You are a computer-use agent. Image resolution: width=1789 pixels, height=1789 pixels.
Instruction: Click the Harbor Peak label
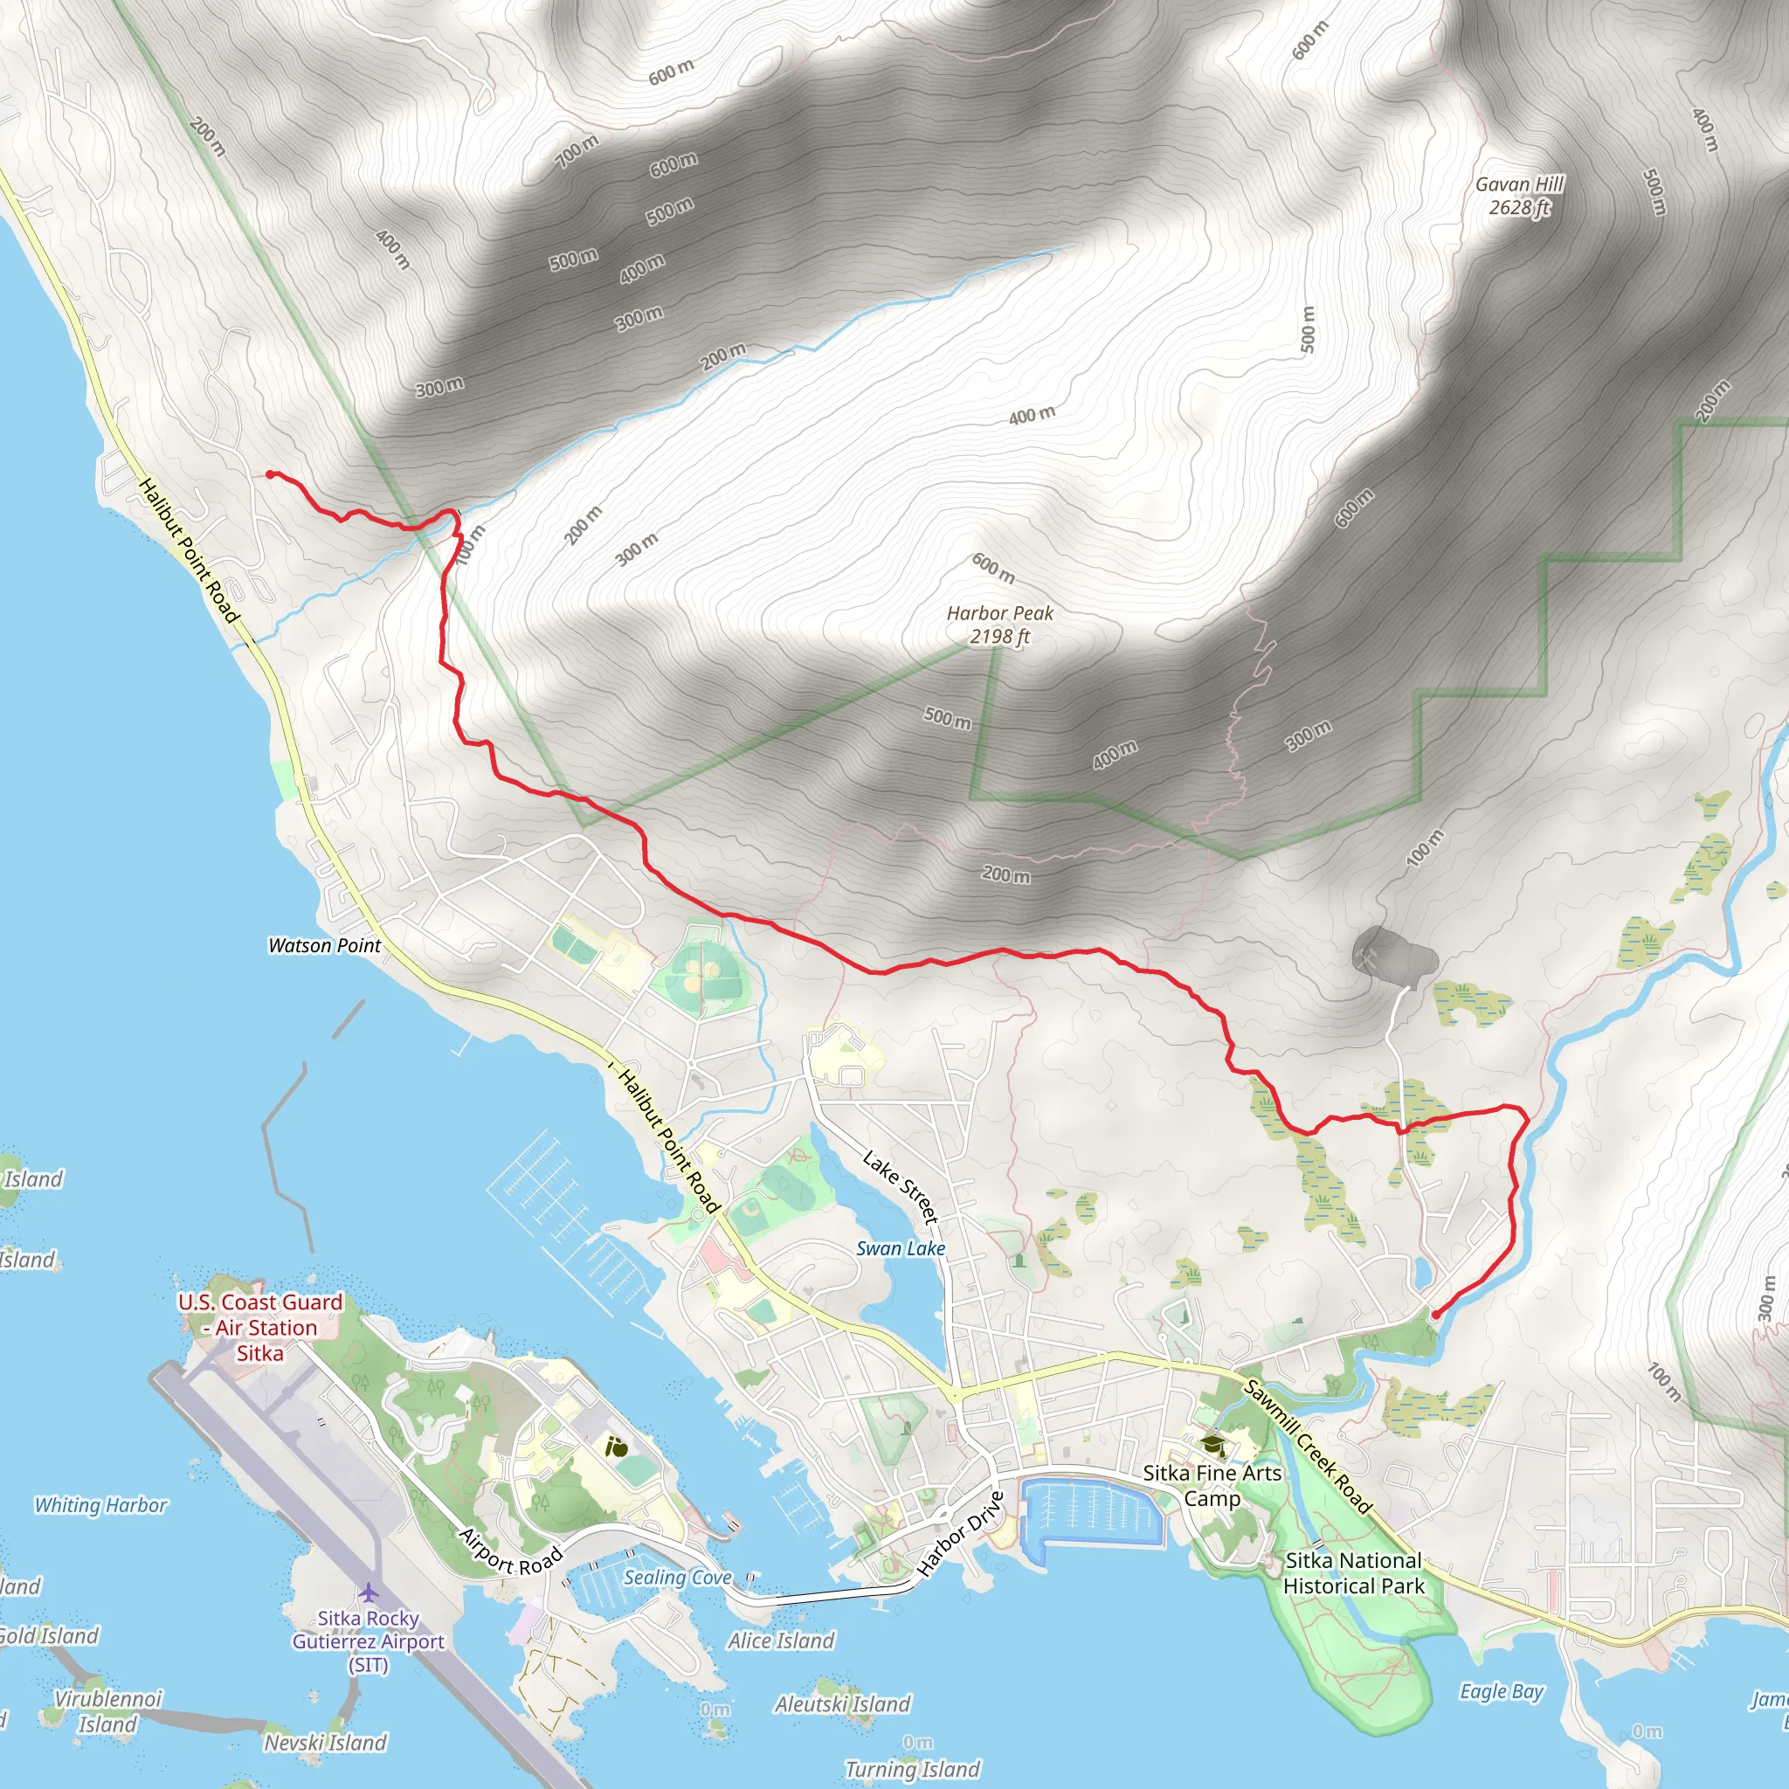point(999,624)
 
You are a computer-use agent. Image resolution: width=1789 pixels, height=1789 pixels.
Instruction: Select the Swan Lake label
point(900,1248)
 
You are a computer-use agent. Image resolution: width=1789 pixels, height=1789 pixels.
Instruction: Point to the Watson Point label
point(324,945)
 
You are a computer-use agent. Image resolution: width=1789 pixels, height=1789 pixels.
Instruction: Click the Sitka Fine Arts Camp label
point(1212,1485)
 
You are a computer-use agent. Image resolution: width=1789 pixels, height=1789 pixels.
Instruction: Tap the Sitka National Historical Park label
point(1353,1573)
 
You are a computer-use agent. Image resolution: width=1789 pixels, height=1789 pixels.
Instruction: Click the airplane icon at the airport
point(369,1592)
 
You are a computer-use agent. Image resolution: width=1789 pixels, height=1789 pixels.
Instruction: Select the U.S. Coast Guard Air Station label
point(260,1328)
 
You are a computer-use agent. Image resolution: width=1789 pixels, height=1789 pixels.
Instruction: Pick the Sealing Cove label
point(677,1578)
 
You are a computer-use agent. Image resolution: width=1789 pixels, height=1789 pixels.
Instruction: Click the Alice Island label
point(781,1640)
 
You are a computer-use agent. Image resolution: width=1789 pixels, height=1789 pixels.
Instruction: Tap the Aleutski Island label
point(843,1703)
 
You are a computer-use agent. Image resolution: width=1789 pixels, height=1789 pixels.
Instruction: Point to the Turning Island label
point(912,1770)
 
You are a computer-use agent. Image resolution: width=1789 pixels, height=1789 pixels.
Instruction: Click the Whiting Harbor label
point(101,1506)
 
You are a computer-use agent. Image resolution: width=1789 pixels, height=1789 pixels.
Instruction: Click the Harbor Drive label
point(960,1533)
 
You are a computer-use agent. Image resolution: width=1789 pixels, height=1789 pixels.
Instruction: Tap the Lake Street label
point(901,1186)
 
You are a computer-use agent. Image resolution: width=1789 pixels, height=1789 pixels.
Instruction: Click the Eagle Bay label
point(1501,1691)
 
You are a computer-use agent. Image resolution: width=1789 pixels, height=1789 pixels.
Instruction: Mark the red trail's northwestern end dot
point(269,474)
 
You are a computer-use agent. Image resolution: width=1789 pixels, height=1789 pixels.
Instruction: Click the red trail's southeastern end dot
point(1435,1314)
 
